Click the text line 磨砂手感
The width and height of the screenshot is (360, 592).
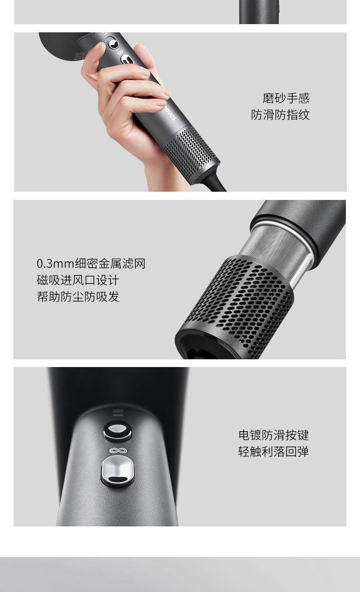coord(286,98)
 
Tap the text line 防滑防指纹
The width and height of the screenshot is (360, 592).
coord(280,115)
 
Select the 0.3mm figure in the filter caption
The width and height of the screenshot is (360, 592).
coord(55,264)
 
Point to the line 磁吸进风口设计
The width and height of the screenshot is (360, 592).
coord(78,280)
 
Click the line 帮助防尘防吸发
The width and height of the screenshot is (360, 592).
coord(78,296)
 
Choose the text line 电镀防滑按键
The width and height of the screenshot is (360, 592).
coord(273,435)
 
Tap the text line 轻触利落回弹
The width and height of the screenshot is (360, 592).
coord(273,451)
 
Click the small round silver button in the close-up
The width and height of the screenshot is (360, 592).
coord(118,429)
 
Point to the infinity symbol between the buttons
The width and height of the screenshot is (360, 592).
coord(117,450)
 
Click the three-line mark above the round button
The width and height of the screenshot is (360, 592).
coord(118,412)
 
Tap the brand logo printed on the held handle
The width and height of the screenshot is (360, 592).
coord(170,112)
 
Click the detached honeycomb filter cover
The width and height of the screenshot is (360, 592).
coord(234,308)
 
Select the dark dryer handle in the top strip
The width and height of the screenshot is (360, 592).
coord(259,12)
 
